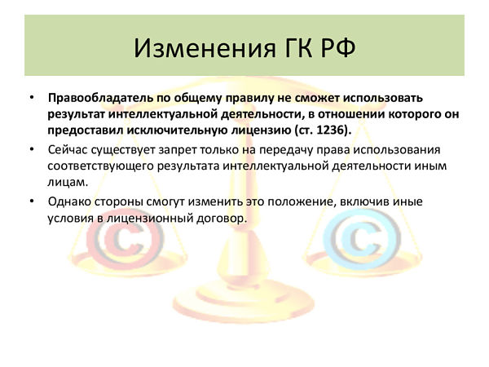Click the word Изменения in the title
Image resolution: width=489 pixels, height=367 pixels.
pos(205,48)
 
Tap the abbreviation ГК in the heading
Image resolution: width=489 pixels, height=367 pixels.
pos(298,48)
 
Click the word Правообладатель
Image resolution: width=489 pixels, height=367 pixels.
pos(100,98)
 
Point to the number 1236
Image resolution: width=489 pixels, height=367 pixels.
pos(330,130)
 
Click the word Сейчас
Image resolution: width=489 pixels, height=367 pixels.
pos(68,150)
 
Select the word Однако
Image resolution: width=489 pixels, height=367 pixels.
pos(69,201)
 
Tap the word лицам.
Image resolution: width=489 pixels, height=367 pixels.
pos(68,182)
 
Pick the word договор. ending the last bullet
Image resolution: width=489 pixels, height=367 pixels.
pos(222,218)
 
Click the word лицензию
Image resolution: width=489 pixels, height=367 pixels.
pos(261,130)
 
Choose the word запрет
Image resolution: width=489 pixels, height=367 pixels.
pos(178,151)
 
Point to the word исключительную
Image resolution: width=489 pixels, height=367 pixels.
pos(177,130)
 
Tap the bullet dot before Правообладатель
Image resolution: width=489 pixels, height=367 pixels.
pos(32,98)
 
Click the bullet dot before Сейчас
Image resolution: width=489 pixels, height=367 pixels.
pos(32,150)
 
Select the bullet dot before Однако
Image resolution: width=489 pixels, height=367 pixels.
pos(32,201)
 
